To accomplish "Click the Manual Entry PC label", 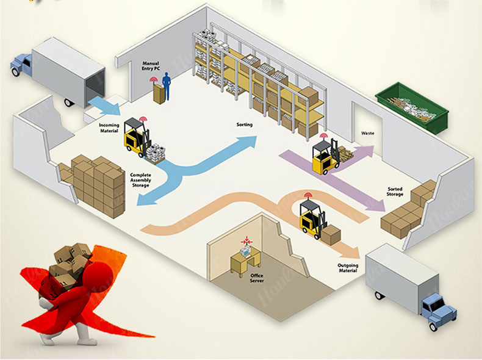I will coord(151,65).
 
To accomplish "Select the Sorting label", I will coord(245,125).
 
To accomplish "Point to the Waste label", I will coord(367,132).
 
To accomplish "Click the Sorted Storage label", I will coord(395,191).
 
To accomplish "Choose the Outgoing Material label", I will coord(348,268).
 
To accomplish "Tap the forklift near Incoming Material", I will coord(137,137).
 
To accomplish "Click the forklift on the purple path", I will coord(324,156).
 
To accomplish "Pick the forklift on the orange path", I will coord(312,217).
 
